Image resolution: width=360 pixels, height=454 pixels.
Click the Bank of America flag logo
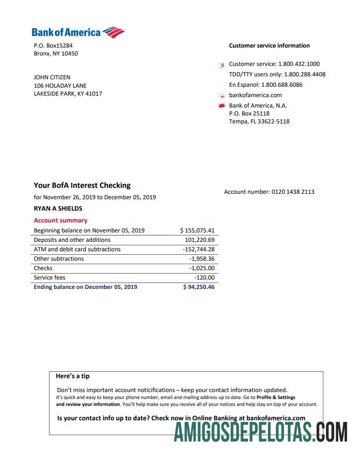(114, 33)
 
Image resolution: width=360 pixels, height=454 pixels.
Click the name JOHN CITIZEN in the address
(52, 77)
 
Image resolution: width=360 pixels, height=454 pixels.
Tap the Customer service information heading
(269, 46)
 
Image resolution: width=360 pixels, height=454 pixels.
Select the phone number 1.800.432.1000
(299, 64)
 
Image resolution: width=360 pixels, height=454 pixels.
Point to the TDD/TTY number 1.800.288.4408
(305, 74)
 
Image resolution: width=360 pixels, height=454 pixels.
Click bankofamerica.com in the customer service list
(255, 95)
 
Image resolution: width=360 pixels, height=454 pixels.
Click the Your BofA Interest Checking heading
(82, 185)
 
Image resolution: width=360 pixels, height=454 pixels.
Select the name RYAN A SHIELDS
(58, 209)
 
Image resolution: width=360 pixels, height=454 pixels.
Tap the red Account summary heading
(60, 221)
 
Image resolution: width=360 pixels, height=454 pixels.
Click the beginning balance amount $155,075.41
(197, 230)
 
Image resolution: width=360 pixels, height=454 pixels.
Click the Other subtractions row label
(58, 259)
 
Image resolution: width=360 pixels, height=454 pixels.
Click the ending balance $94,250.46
(199, 287)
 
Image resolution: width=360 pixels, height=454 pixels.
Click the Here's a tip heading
(73, 376)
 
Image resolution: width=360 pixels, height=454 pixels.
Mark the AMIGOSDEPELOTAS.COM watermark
(260, 433)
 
